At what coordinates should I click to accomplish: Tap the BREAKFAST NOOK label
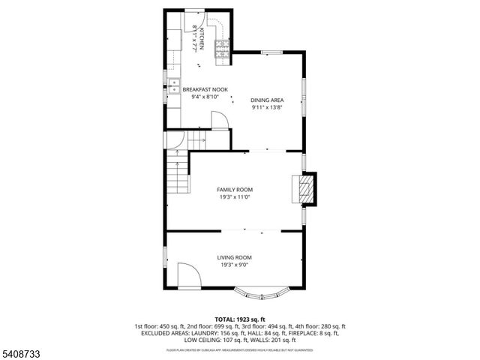(x=204, y=89)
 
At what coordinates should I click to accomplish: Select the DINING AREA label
(x=266, y=100)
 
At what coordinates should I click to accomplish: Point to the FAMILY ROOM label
(x=235, y=190)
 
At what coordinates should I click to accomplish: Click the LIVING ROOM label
(x=234, y=257)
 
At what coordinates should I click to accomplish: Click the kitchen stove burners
(x=222, y=49)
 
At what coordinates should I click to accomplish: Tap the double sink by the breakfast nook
(x=172, y=84)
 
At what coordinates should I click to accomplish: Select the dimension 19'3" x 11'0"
(x=235, y=197)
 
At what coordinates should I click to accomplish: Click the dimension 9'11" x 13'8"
(x=266, y=107)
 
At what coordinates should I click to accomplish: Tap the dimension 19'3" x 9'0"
(x=234, y=265)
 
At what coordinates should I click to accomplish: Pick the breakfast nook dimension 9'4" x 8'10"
(x=204, y=97)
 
